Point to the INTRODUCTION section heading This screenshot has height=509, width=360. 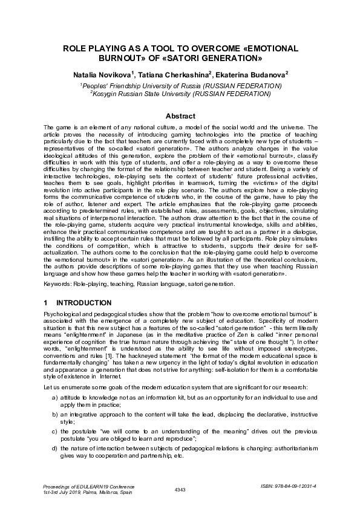tap(83, 302)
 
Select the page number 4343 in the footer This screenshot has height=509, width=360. tap(180, 488)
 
